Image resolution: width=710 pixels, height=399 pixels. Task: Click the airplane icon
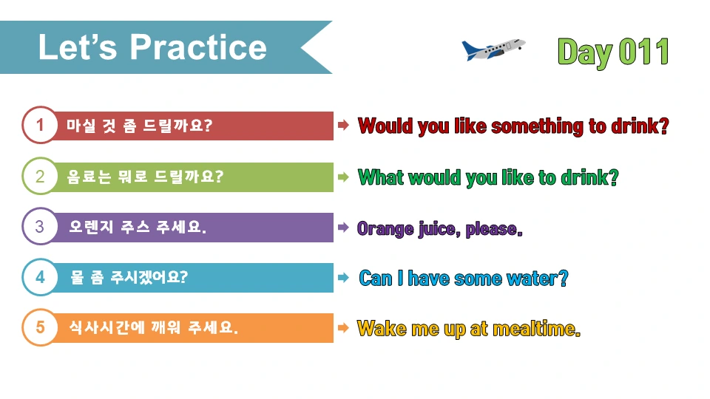(x=493, y=50)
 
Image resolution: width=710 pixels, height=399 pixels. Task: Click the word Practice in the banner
(x=198, y=47)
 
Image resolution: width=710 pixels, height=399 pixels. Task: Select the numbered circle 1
(x=40, y=126)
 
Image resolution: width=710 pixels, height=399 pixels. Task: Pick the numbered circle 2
(x=40, y=177)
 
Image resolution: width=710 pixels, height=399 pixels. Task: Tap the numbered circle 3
(x=40, y=227)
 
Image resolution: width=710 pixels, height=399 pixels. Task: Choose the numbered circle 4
(x=40, y=278)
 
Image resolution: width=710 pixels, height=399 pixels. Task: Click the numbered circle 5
(x=40, y=327)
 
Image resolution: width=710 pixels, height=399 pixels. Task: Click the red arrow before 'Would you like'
(x=343, y=126)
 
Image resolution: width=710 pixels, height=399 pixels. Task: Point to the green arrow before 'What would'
(x=343, y=177)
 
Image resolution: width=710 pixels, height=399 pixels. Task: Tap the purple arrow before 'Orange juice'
(x=343, y=228)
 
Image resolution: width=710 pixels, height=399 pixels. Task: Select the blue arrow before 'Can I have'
(x=343, y=278)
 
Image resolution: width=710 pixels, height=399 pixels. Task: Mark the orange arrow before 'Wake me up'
(x=343, y=327)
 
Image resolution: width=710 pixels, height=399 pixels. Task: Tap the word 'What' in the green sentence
(x=380, y=177)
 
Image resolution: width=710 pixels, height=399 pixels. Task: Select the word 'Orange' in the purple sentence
(x=385, y=228)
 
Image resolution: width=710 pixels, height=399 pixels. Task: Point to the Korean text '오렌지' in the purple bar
(x=91, y=227)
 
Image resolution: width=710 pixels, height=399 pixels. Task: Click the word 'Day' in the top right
(x=584, y=52)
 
